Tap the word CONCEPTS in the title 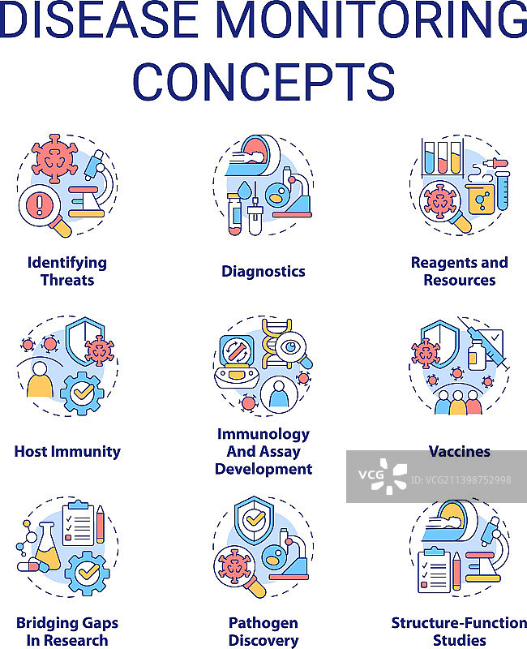click(x=263, y=80)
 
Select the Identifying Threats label click(x=66, y=271)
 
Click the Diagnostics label click(x=263, y=271)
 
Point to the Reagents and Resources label click(x=459, y=271)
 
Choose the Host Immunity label click(x=67, y=451)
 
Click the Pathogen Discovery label click(x=263, y=631)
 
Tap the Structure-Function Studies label click(x=459, y=631)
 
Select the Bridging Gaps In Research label click(x=67, y=631)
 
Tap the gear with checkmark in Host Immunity click(x=83, y=393)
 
